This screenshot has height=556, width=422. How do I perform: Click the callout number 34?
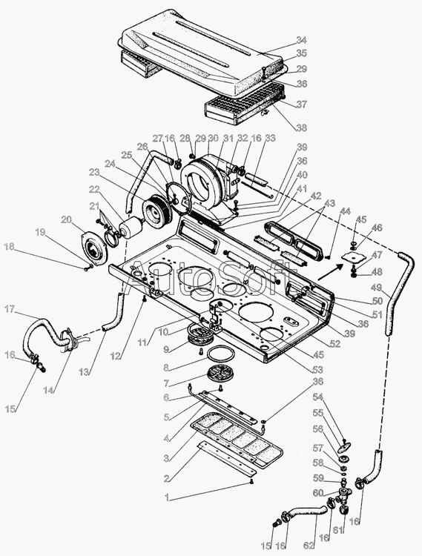coord(301,40)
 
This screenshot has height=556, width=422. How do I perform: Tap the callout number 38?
coord(301,128)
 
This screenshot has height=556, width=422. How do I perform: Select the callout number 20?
coord(66,220)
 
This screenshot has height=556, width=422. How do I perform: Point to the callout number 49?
coord(378,286)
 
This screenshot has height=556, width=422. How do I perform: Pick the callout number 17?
coord(10,309)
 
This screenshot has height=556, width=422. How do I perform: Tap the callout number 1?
coord(166,497)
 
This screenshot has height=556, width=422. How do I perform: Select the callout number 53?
coord(317,370)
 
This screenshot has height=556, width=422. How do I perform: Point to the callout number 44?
coord(345,211)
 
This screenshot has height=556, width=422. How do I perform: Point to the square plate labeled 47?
coord(349,259)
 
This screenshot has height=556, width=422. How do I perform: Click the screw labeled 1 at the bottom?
coord(251,481)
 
